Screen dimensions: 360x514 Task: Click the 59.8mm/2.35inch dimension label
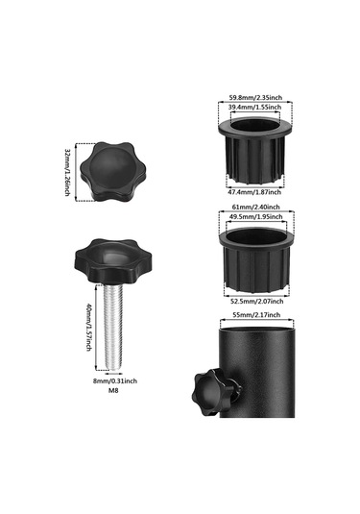pos(255,97)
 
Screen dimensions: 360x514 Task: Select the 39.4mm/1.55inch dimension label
pos(254,108)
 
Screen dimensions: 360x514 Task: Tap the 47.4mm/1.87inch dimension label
pos(254,192)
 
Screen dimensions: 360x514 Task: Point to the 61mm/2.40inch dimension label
pos(255,207)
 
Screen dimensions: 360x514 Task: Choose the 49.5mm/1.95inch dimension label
pos(255,217)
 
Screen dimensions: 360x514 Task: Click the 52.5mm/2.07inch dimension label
pos(255,301)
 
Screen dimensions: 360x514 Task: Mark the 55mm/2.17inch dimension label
pos(256,315)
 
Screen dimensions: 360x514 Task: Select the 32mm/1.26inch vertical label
pos(67,172)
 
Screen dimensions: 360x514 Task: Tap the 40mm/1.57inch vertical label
pos(88,328)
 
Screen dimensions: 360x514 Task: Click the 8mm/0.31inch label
pos(115,380)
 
